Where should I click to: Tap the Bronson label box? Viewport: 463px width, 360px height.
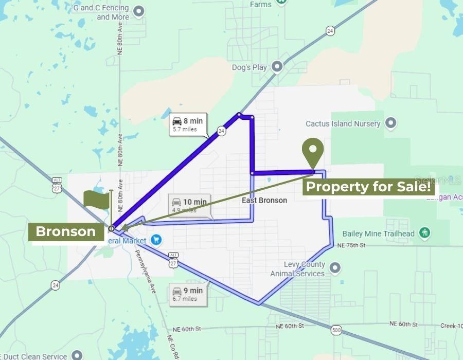tap(66, 231)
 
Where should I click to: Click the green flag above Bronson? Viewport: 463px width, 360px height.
tap(96, 200)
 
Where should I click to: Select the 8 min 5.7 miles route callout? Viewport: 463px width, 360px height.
tap(188, 124)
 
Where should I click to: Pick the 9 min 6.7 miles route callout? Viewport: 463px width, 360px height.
tap(189, 294)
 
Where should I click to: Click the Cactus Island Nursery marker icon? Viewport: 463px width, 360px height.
tap(391, 123)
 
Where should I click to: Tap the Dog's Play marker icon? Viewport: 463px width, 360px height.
tap(277, 67)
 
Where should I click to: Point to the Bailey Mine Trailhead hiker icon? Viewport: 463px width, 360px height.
tap(424, 233)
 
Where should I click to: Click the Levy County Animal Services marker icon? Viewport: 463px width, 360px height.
tap(335, 267)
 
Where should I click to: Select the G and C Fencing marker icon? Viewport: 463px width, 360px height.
tap(138, 11)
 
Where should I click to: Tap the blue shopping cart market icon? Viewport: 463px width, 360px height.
tap(156, 240)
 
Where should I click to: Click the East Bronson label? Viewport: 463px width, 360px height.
tap(264, 200)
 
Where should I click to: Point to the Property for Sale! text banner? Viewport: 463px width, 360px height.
tap(368, 187)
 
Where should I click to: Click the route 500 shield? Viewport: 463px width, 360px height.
tap(336, 330)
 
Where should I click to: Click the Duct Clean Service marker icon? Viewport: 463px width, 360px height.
tap(76, 355)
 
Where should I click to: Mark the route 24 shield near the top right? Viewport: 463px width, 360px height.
tap(330, 31)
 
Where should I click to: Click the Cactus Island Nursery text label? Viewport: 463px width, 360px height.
tap(343, 123)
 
